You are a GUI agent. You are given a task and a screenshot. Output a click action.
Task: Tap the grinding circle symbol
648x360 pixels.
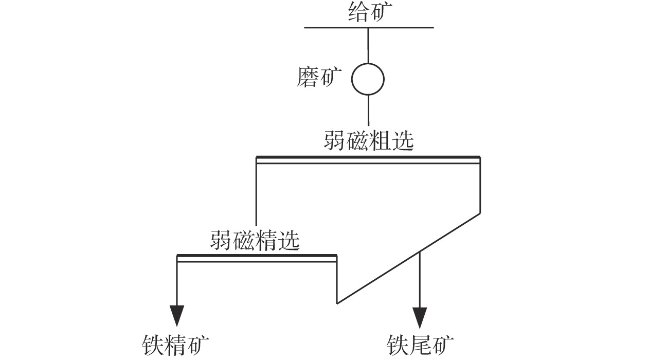[x=368, y=79]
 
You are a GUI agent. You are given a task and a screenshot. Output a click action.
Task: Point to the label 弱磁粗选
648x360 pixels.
[x=369, y=140]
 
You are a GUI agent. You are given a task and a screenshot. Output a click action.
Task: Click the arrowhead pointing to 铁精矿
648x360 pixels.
[x=177, y=314]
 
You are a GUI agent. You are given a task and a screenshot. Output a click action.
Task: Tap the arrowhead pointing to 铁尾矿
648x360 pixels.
[x=420, y=314]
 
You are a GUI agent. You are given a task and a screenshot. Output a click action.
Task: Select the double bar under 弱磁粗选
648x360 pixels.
[x=368, y=160]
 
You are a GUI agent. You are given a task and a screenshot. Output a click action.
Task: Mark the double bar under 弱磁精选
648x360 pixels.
[x=257, y=258]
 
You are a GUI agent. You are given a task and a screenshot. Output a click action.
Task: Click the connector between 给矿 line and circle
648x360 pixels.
[x=368, y=45]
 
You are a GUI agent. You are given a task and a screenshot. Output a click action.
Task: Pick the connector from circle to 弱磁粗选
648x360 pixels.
[x=368, y=111]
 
